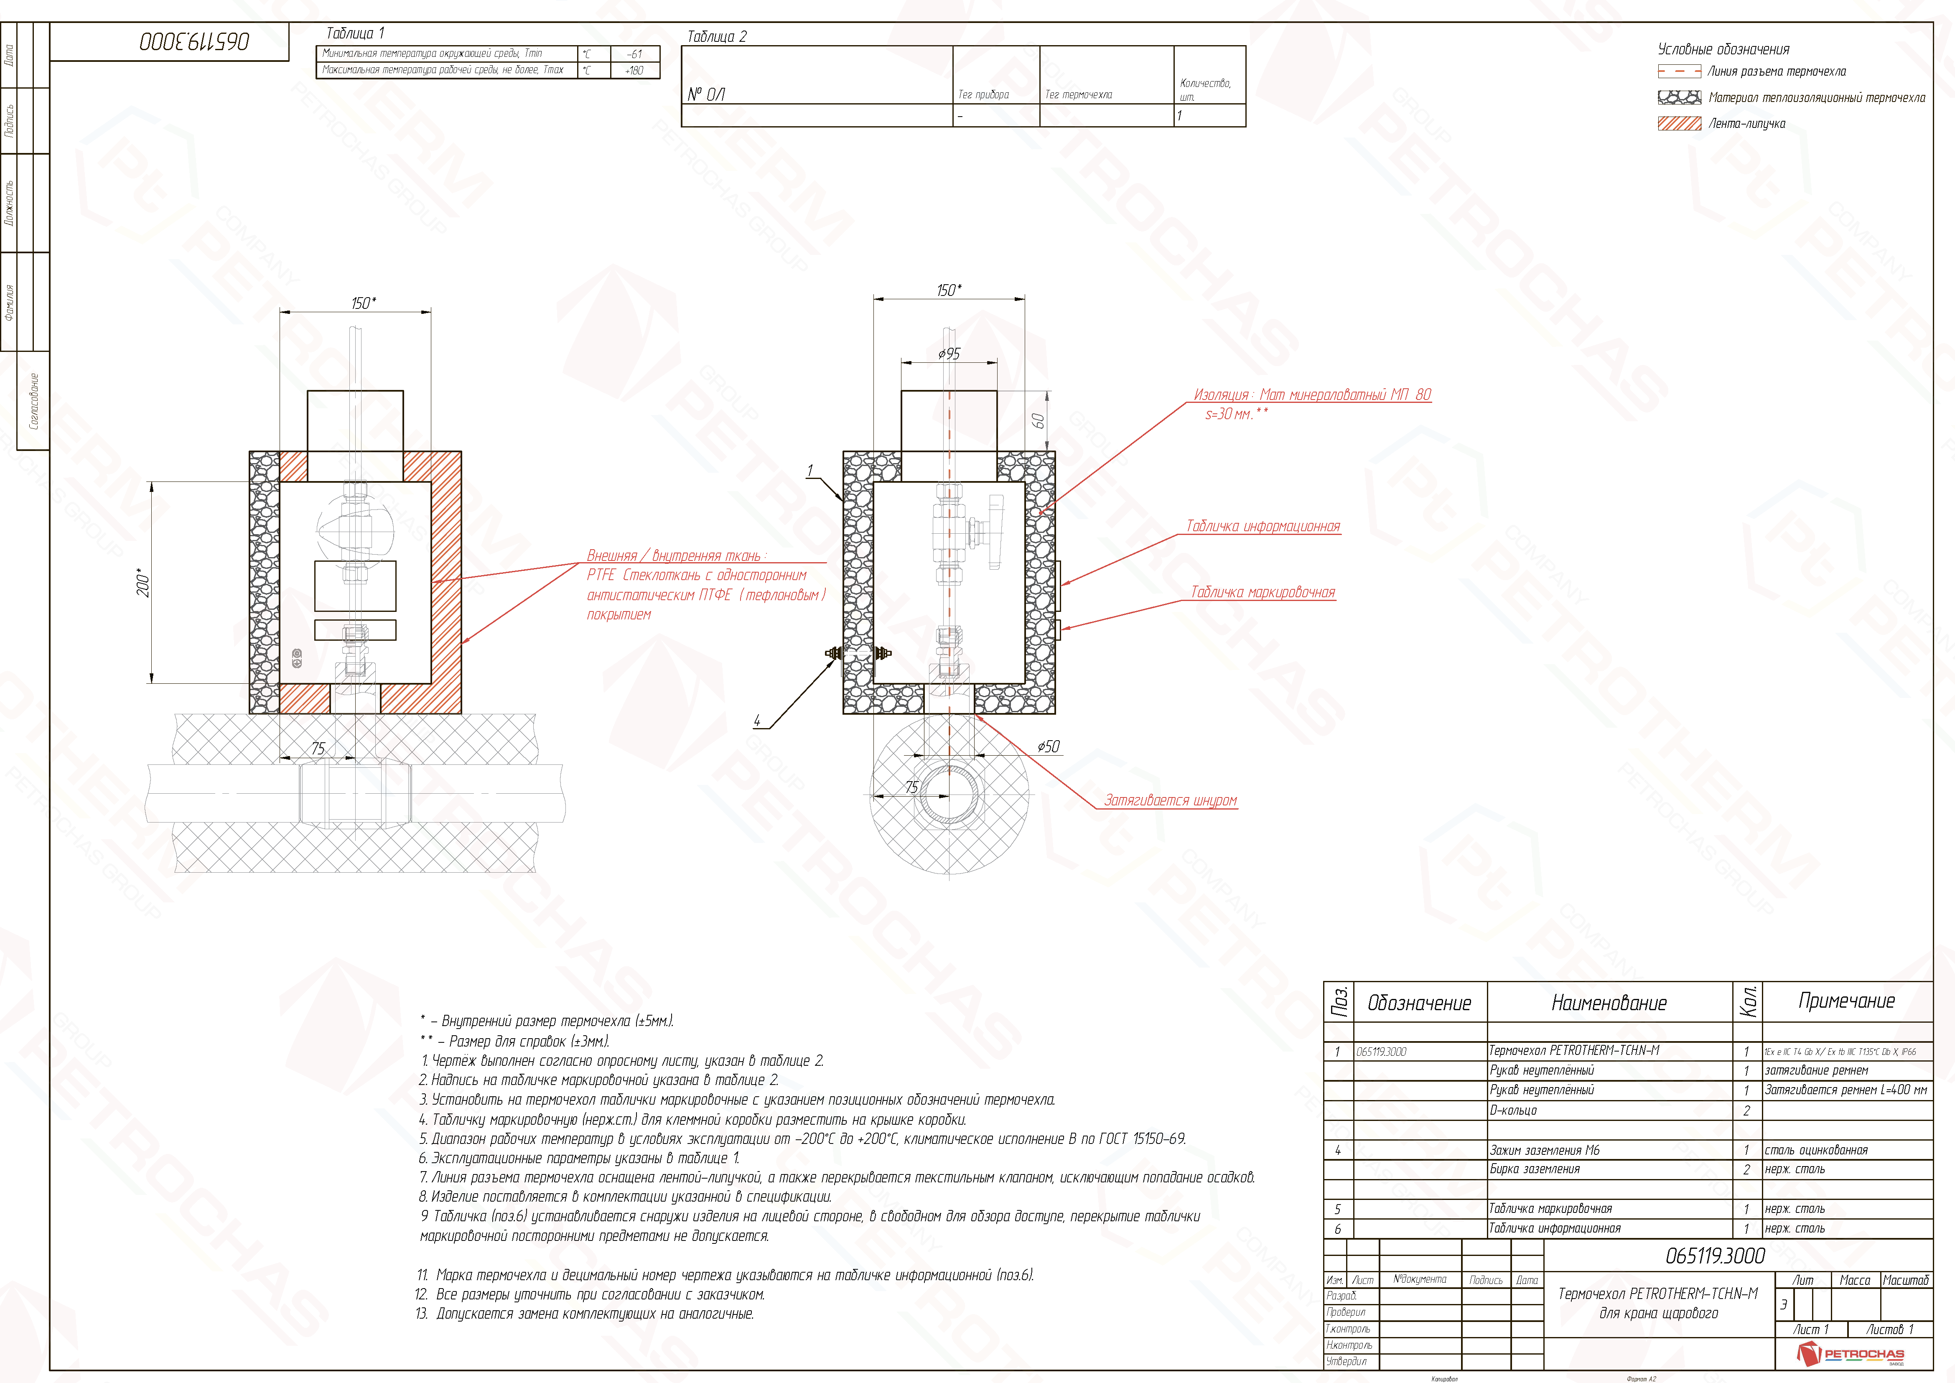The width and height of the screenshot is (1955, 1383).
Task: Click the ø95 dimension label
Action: pos(949,354)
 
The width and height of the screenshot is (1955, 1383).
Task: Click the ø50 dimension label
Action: pos(1048,747)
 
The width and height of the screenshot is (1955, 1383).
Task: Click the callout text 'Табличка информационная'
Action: pos(1263,526)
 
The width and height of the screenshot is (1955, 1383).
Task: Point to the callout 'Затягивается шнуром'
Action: pos(1170,800)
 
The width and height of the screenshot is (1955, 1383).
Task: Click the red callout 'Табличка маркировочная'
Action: pos(1263,593)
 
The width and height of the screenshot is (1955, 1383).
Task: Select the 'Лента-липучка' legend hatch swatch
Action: pos(1679,123)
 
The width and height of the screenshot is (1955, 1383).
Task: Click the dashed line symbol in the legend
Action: pos(1679,71)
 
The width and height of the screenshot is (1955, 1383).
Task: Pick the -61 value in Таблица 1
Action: pos(634,53)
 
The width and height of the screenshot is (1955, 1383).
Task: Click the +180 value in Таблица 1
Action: pos(634,70)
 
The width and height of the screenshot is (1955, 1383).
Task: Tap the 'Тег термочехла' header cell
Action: pos(1078,94)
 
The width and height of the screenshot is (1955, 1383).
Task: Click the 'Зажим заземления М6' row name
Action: pos(1545,1151)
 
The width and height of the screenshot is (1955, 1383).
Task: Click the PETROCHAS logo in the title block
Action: pos(1849,1353)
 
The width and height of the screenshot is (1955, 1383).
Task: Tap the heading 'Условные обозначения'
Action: pos(1723,49)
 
